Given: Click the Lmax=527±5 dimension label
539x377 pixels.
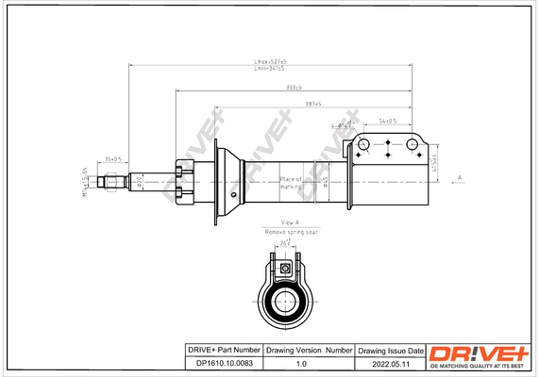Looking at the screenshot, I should click(x=270, y=61).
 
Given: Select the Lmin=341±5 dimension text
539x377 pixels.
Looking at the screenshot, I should click(x=270, y=69).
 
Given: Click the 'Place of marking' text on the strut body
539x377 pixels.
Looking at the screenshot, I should click(x=290, y=182).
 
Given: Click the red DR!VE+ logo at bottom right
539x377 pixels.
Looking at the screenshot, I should click(x=478, y=352).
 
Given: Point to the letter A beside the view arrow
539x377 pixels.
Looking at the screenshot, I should click(x=459, y=177).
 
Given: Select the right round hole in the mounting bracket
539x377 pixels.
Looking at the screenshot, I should click(x=412, y=144).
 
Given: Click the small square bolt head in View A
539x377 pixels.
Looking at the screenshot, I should click(x=284, y=269).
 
